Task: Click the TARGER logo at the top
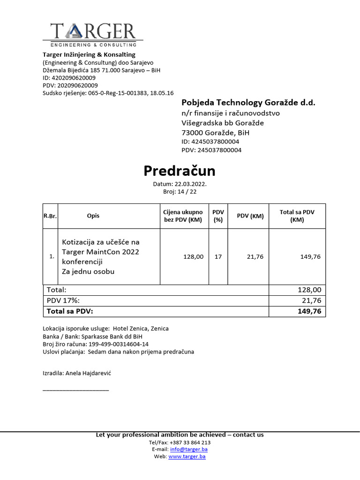coord(93,34)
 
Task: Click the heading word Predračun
coord(180,171)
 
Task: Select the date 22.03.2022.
coord(190,184)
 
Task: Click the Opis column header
coord(93,216)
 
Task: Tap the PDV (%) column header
coord(218,216)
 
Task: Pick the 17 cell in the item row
coord(218,257)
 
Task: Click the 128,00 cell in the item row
coord(193,257)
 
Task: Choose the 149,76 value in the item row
coord(310,257)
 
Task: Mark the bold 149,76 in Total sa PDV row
coord(309,311)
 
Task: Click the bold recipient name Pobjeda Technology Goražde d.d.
coord(248,103)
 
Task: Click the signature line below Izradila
coord(75,390)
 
